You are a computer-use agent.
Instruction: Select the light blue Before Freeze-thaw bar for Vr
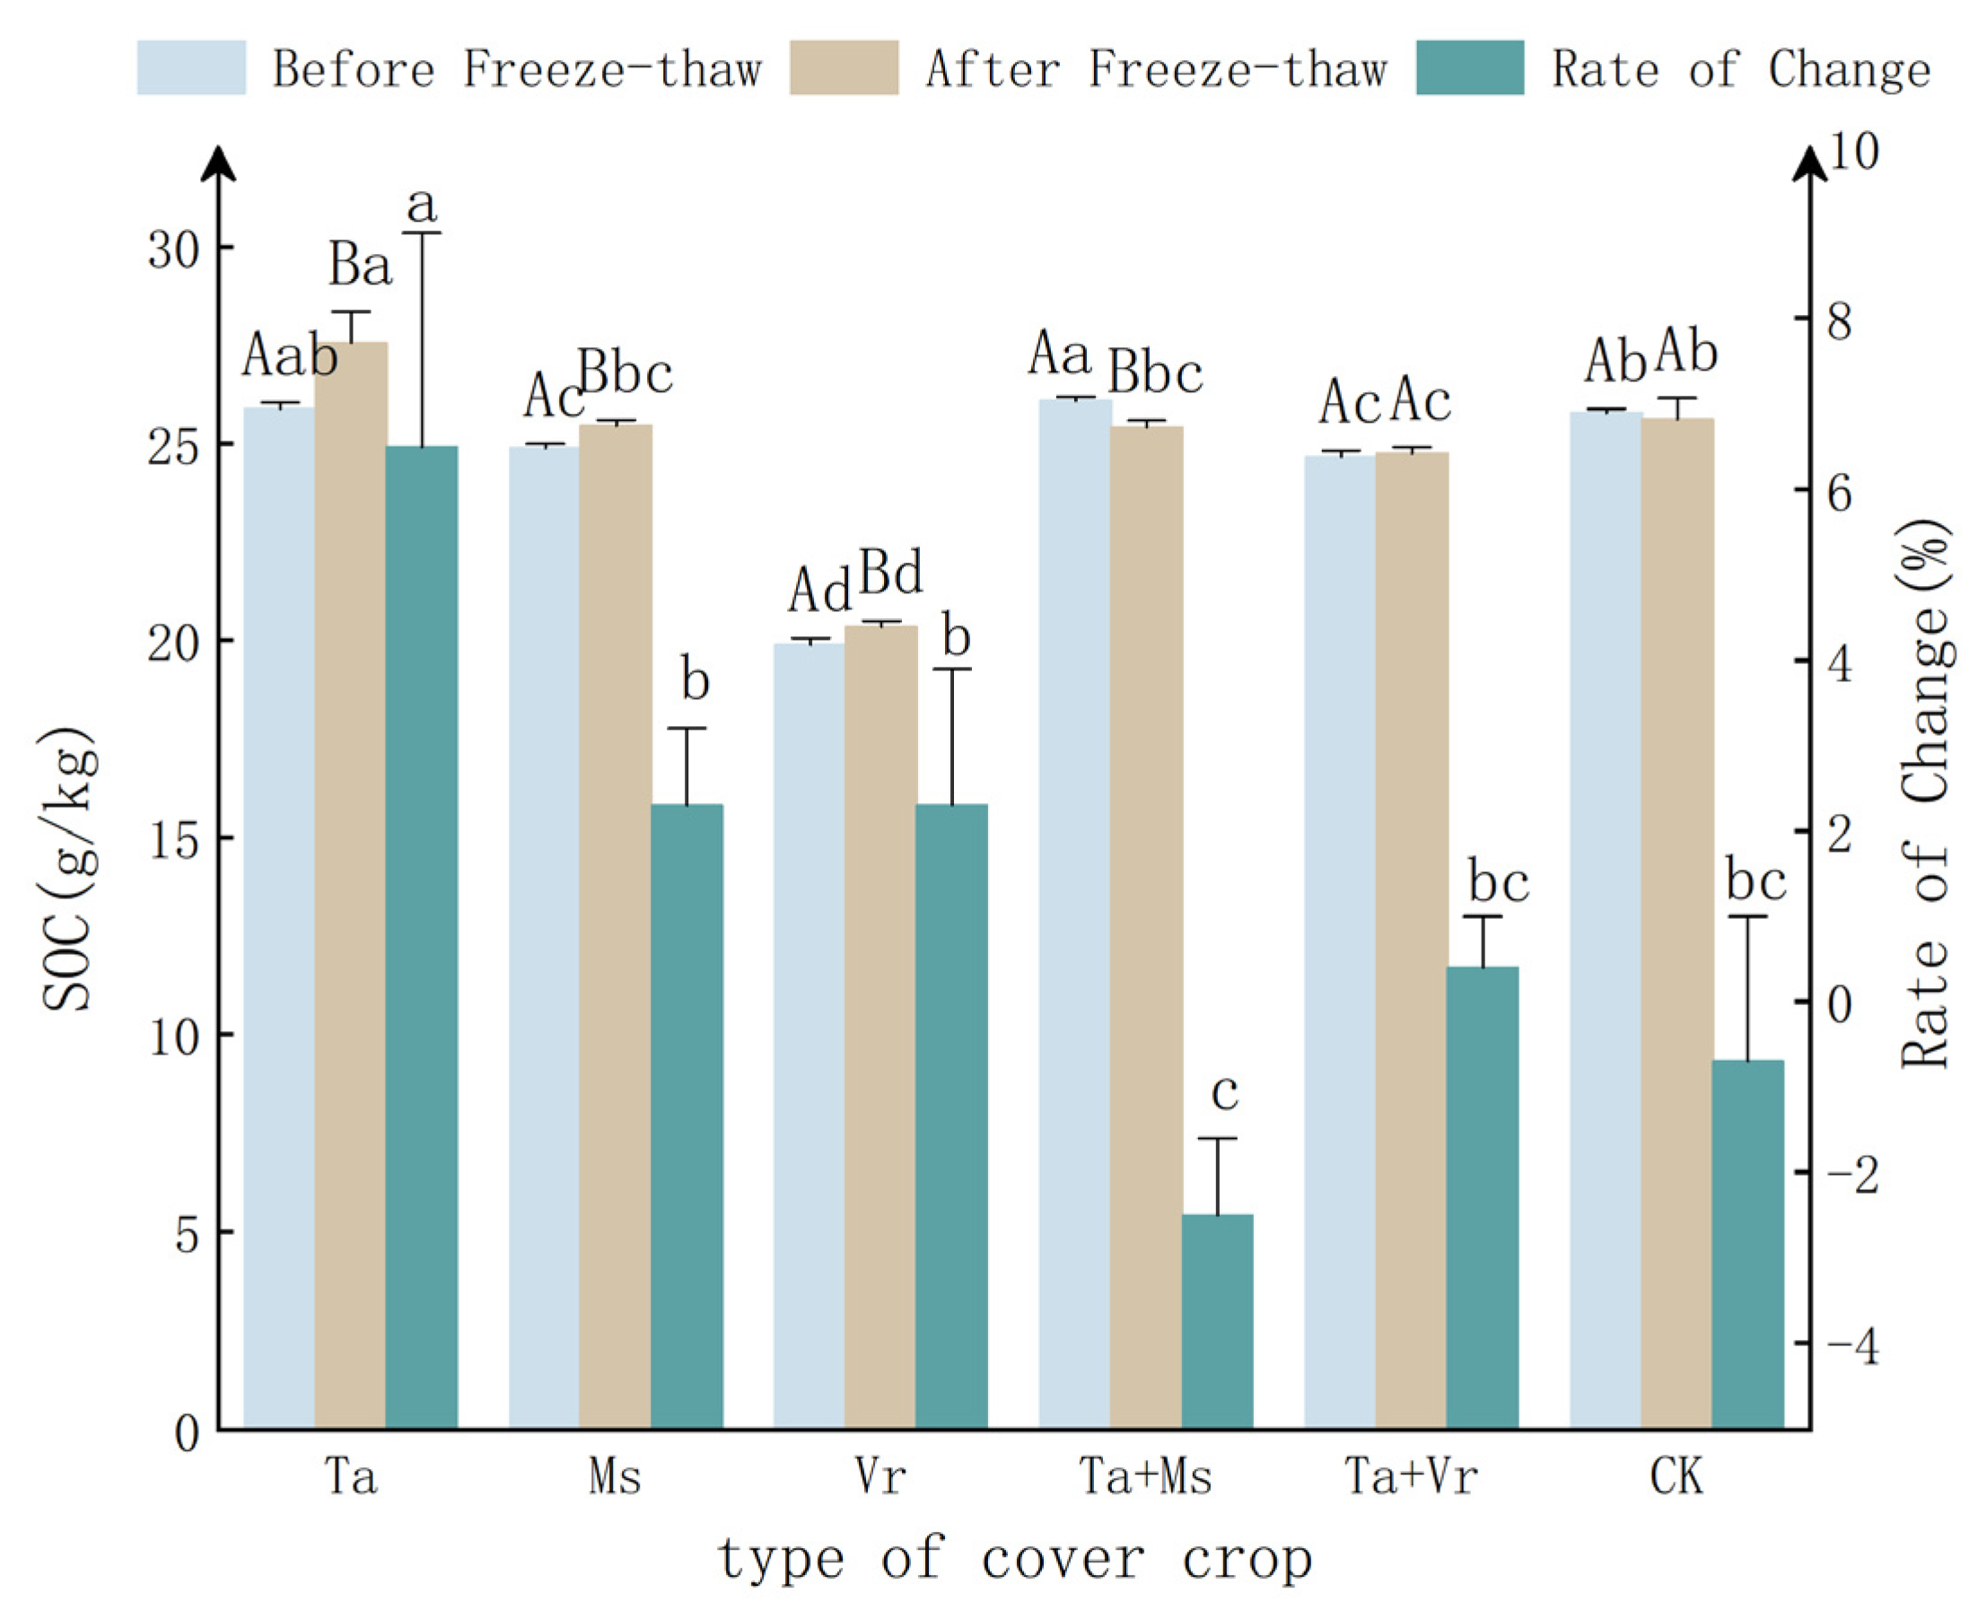click(809, 1035)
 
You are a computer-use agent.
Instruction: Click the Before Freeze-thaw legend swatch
click(191, 67)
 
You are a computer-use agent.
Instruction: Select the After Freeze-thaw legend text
click(1157, 69)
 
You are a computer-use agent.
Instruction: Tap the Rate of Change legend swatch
click(1470, 67)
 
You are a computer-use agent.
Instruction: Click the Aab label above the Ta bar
click(289, 356)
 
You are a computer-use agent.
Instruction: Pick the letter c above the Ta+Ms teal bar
click(1224, 1091)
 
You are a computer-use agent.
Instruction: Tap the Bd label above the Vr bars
click(890, 573)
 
